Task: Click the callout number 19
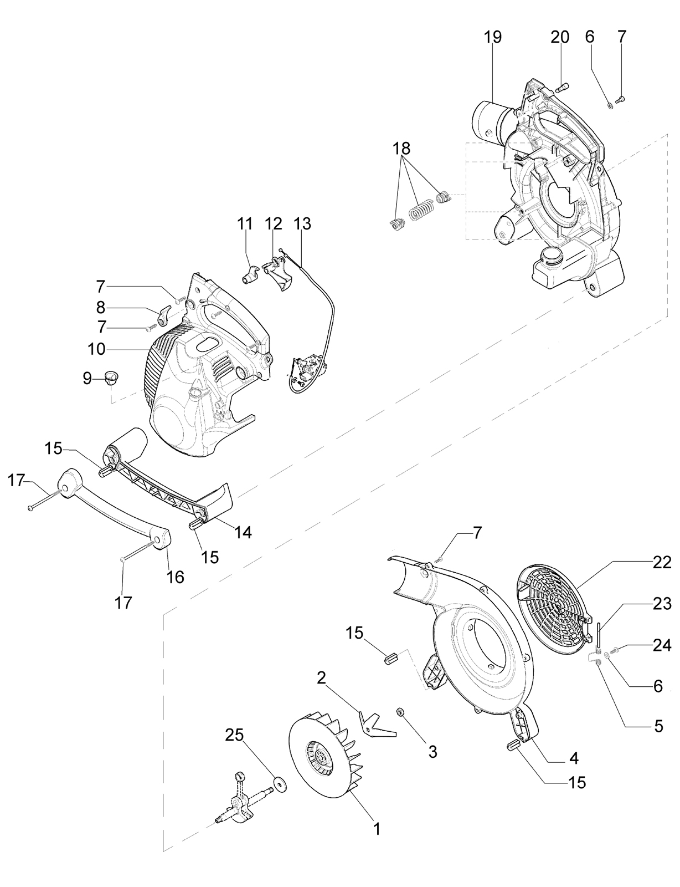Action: click(492, 37)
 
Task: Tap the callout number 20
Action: click(560, 37)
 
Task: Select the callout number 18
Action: click(402, 149)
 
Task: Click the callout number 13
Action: click(302, 223)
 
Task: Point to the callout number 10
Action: click(96, 349)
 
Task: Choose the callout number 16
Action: click(176, 577)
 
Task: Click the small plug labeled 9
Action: click(110, 378)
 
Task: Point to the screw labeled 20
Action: click(561, 88)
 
